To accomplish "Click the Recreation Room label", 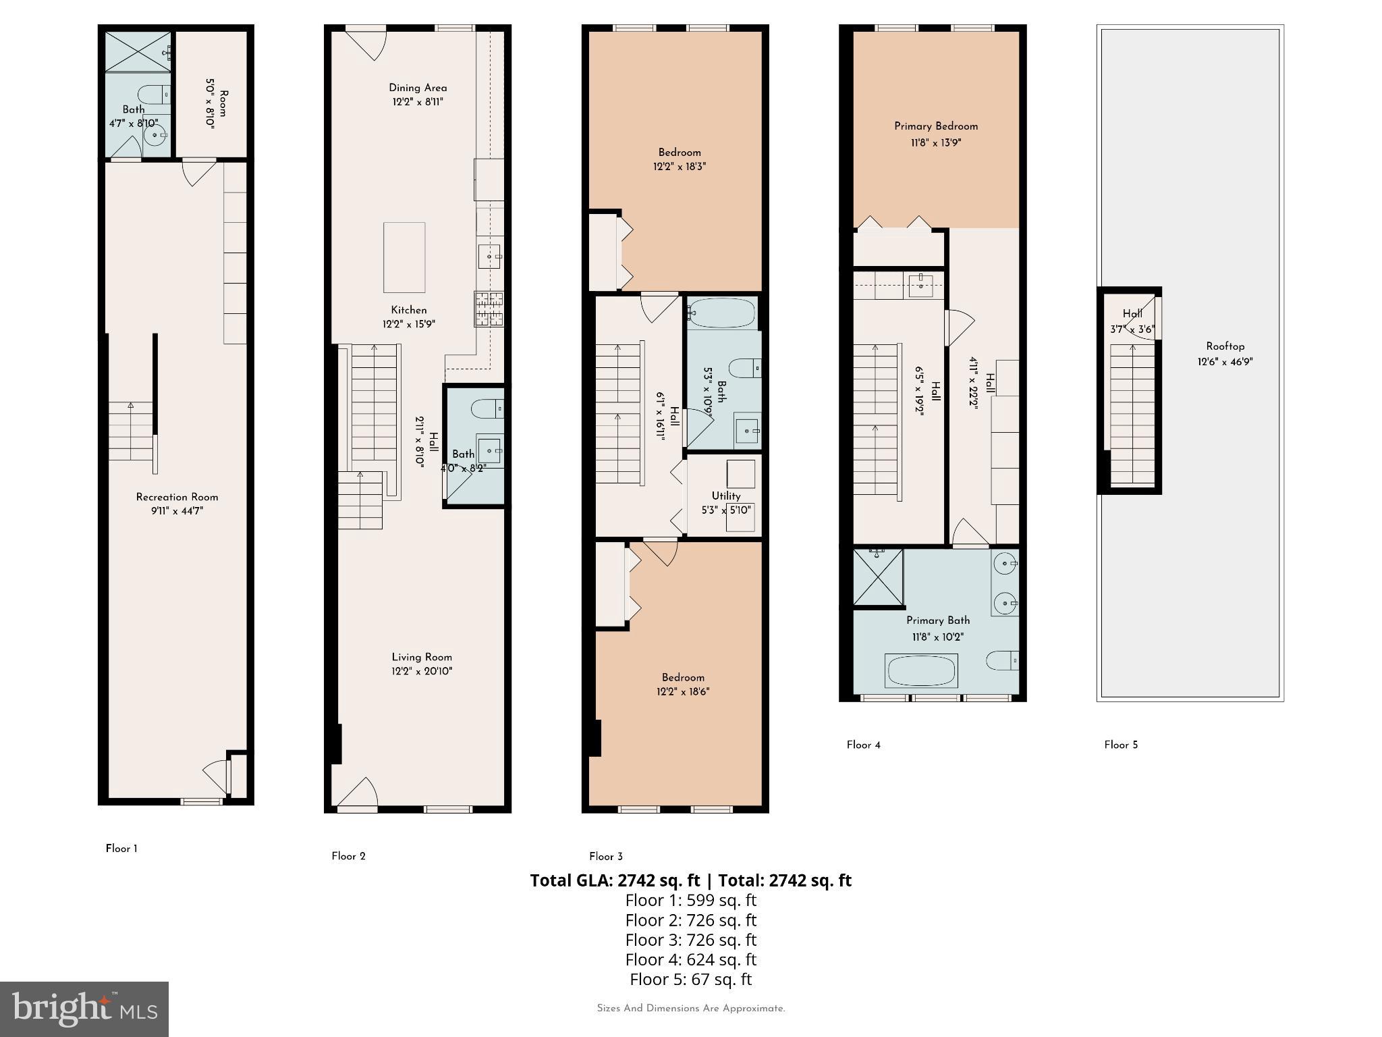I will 177,497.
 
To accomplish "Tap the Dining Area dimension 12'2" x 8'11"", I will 418,102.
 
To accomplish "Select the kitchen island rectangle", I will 404,257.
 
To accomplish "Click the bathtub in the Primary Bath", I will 922,672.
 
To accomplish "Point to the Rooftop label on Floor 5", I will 1225,346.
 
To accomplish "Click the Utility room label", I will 725,496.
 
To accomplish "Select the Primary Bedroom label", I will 935,126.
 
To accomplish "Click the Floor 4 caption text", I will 863,745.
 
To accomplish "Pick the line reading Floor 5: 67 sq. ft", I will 690,979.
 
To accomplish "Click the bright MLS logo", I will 84,1009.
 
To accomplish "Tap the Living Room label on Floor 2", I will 422,657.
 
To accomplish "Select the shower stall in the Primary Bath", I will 878,577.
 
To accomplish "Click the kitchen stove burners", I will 489,309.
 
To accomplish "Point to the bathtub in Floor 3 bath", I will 721,313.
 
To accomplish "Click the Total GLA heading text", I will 690,880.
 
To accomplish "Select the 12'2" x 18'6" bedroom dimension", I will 682,691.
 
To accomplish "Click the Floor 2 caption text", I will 348,856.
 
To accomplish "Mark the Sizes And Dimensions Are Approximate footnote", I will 690,1009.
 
